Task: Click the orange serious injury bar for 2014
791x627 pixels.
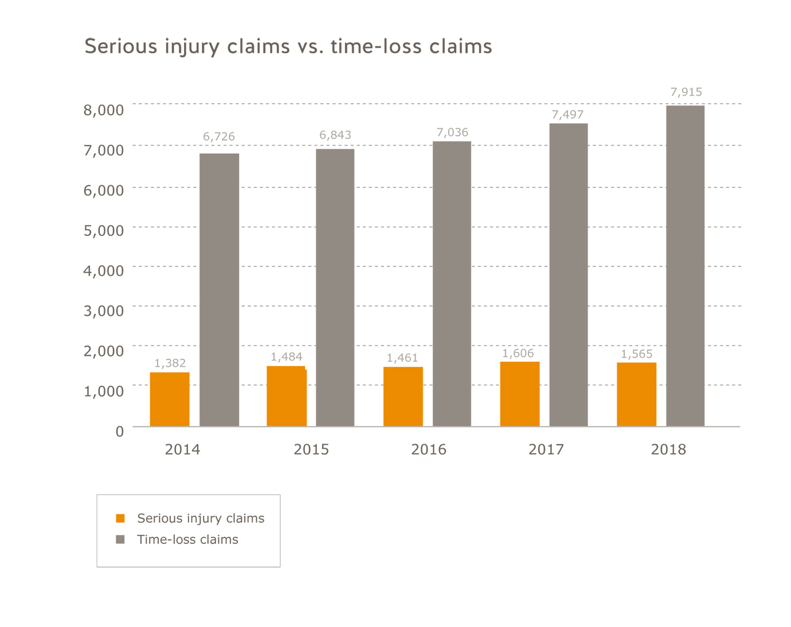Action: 170,399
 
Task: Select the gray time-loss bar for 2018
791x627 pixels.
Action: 685,266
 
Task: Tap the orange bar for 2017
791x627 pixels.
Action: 520,394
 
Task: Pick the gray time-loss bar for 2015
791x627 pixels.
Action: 335,288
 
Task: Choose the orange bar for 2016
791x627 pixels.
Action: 403,397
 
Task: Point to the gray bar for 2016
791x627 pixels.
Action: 452,284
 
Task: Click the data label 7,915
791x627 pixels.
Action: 686,92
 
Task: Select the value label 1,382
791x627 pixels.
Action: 170,363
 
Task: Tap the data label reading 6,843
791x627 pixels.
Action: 335,135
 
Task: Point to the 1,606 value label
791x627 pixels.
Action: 518,353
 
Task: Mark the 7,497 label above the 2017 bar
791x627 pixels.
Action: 567,114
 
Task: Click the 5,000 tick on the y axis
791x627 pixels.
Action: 104,230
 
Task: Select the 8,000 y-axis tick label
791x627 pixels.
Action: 104,110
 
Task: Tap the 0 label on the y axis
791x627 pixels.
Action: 119,431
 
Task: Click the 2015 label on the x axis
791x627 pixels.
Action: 311,449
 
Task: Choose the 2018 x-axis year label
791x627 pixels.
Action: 668,449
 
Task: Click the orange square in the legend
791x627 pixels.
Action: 120,518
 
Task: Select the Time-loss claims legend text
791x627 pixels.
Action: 187,539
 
